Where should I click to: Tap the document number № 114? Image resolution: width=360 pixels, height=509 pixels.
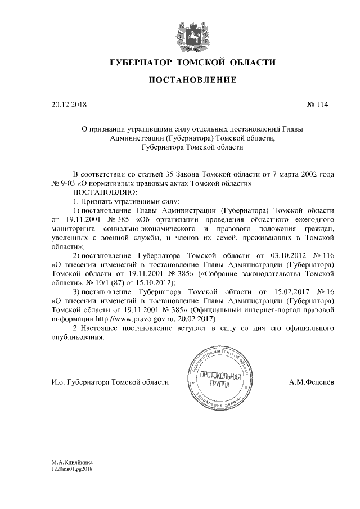coord(317,105)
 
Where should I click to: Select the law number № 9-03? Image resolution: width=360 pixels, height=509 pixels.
coord(64,183)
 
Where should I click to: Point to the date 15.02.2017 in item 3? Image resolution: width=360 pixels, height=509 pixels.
coord(283,292)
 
